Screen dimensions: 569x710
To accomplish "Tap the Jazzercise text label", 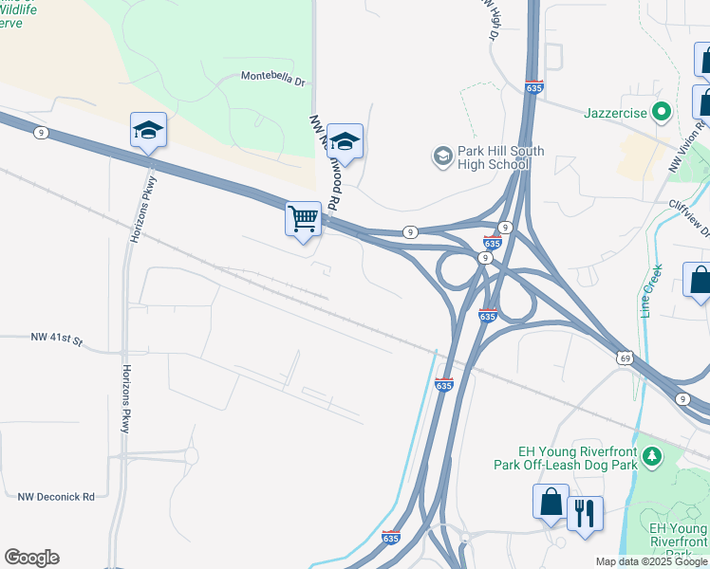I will pyautogui.click(x=615, y=113).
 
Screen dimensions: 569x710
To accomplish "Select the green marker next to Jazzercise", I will pyautogui.click(x=663, y=112).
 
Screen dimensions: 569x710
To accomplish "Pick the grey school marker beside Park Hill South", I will pyautogui.click(x=441, y=155).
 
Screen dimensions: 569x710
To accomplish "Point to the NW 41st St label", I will pyautogui.click(x=57, y=338).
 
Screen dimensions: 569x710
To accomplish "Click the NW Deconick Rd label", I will pyautogui.click(x=57, y=496).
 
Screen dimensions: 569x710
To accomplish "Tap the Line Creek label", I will pyautogui.click(x=647, y=289).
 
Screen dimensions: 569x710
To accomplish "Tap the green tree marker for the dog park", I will pyautogui.click(x=651, y=457).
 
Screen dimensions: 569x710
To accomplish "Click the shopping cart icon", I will pyautogui.click(x=304, y=218).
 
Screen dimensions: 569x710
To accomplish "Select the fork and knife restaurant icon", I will pyautogui.click(x=585, y=513).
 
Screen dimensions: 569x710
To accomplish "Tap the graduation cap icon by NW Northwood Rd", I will pyautogui.click(x=346, y=141).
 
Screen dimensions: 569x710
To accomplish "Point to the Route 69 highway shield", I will pyautogui.click(x=624, y=358).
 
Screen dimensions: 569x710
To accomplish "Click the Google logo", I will pyautogui.click(x=31, y=558).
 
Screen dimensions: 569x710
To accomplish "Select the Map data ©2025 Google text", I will pyautogui.click(x=651, y=561).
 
